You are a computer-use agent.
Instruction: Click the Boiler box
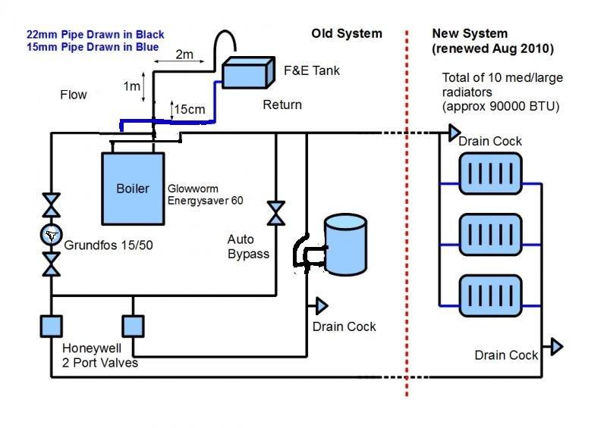[134, 188]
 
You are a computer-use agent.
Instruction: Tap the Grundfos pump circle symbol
[51, 235]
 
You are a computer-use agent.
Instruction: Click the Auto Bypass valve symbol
[276, 214]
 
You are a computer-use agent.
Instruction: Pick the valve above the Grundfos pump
[51, 205]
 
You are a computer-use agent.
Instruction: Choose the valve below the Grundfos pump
[51, 264]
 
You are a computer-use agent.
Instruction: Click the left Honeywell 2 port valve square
[51, 326]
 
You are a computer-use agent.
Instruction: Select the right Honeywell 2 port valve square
[133, 326]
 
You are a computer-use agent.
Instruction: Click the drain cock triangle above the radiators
[454, 133]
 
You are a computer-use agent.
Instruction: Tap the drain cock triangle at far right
[557, 346]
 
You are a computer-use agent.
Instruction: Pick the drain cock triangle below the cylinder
[322, 305]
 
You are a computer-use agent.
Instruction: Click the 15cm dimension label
[190, 109]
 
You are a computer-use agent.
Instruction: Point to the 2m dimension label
[184, 54]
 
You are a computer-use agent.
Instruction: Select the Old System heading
[347, 33]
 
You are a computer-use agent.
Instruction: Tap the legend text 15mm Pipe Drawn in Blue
[93, 48]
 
